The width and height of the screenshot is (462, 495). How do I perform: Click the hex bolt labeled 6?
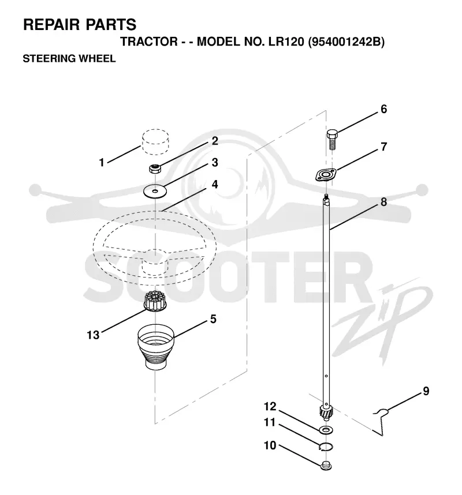(332, 139)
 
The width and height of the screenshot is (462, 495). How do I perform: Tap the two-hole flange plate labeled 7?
(326, 175)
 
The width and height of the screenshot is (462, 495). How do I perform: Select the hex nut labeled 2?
(155, 168)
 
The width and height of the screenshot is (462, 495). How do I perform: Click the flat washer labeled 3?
(155, 192)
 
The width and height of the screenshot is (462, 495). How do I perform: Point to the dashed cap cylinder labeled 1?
(155, 141)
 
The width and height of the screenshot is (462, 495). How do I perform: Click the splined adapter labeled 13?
(155, 301)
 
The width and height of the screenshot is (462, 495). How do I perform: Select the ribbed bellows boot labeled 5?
(156, 347)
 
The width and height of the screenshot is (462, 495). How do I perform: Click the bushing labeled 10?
(326, 466)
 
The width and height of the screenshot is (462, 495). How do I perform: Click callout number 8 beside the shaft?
(383, 202)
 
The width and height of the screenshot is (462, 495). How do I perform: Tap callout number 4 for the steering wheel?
(215, 184)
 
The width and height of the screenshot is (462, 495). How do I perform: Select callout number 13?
(93, 335)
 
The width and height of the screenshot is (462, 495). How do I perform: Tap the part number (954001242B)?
(346, 42)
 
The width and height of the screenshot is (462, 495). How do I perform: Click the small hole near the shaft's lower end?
(326, 376)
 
